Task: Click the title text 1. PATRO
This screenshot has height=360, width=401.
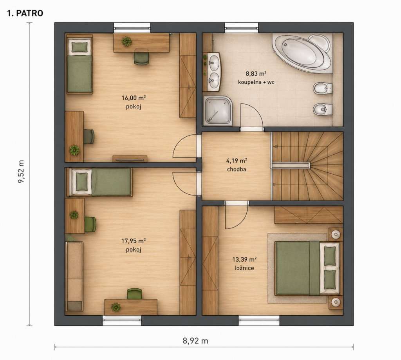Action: [x=25, y=13]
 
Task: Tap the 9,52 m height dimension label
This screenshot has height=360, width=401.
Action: [x=21, y=172]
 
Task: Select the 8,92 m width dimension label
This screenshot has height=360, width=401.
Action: [x=195, y=340]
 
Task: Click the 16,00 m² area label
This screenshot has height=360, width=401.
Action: [x=134, y=98]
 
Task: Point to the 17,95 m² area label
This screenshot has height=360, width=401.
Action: [x=134, y=241]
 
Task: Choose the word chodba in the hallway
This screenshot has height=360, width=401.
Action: [x=237, y=169]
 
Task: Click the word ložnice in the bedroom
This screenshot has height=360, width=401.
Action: [x=244, y=268]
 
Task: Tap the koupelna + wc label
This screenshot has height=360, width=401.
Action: [x=256, y=82]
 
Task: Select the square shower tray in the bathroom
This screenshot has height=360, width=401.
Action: [x=218, y=111]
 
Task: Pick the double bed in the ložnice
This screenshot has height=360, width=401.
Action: [x=307, y=268]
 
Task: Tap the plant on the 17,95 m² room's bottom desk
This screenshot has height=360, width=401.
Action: [x=116, y=307]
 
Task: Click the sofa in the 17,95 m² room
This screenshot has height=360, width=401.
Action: [x=74, y=276]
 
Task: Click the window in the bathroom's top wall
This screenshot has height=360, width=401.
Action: [x=241, y=27]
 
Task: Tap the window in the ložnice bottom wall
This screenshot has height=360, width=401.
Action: [x=259, y=320]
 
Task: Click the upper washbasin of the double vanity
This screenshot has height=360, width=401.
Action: [x=214, y=62]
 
